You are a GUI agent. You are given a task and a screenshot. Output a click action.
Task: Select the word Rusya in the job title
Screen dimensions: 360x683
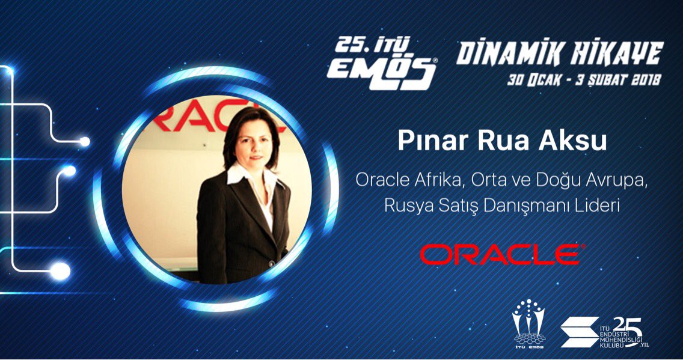[405, 206]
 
